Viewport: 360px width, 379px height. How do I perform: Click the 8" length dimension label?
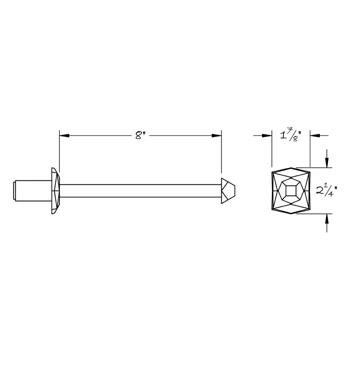[140, 135]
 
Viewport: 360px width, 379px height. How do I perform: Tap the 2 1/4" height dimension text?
[326, 191]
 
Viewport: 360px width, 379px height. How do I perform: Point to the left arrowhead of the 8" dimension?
[64, 135]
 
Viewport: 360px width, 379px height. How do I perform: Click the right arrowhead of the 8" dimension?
[216, 135]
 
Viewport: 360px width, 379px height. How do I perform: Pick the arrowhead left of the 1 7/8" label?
[267, 135]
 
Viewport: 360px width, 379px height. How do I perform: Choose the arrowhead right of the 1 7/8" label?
[315, 135]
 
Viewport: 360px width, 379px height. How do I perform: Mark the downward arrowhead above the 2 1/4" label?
[327, 162]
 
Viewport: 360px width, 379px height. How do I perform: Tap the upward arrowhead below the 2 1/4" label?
[327, 218]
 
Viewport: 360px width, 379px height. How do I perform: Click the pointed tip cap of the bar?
[228, 191]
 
